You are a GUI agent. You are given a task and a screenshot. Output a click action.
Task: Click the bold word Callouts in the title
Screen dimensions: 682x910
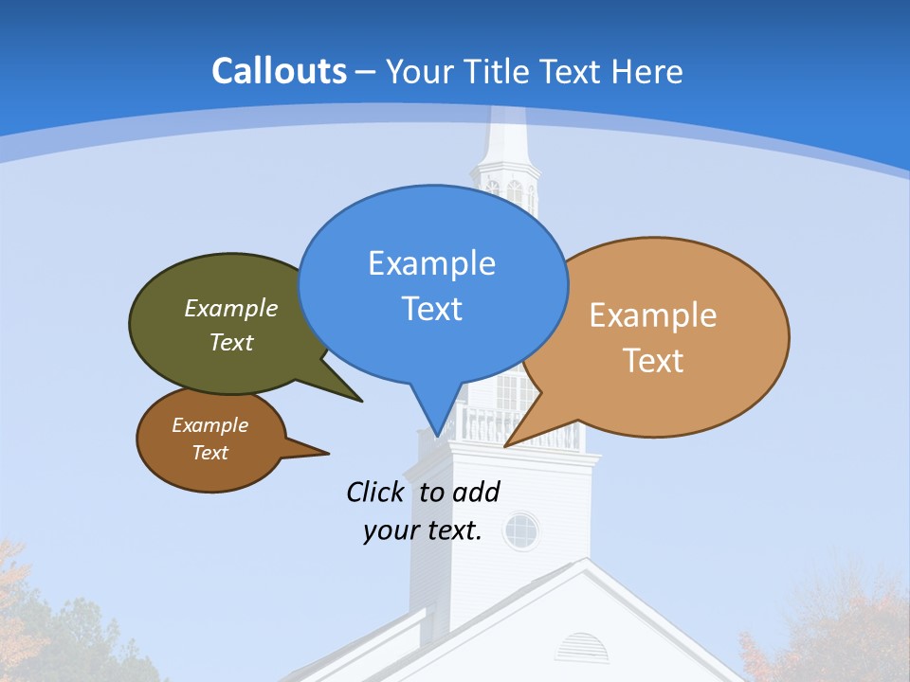279,71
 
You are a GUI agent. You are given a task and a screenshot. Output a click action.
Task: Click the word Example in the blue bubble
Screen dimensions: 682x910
431,263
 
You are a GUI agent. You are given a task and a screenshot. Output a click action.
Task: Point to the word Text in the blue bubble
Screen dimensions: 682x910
431,309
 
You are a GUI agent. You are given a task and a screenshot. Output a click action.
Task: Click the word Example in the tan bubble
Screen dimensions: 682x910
653,315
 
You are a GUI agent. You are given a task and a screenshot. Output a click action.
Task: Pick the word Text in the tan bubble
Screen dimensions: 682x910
653,361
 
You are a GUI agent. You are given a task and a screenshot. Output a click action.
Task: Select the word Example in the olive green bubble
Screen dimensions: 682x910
231,309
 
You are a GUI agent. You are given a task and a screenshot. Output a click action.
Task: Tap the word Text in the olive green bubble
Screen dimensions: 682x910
231,342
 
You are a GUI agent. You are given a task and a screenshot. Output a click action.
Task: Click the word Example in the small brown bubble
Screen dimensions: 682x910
209,425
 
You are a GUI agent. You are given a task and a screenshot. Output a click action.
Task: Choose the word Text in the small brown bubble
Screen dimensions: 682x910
209,453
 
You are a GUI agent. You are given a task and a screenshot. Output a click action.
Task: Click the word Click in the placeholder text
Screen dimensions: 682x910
376,493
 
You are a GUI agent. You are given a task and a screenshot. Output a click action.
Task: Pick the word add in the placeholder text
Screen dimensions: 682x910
476,493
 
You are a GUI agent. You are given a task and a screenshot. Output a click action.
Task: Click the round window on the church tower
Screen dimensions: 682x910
520,530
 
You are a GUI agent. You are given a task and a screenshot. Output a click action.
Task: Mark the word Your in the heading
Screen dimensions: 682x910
417,72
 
